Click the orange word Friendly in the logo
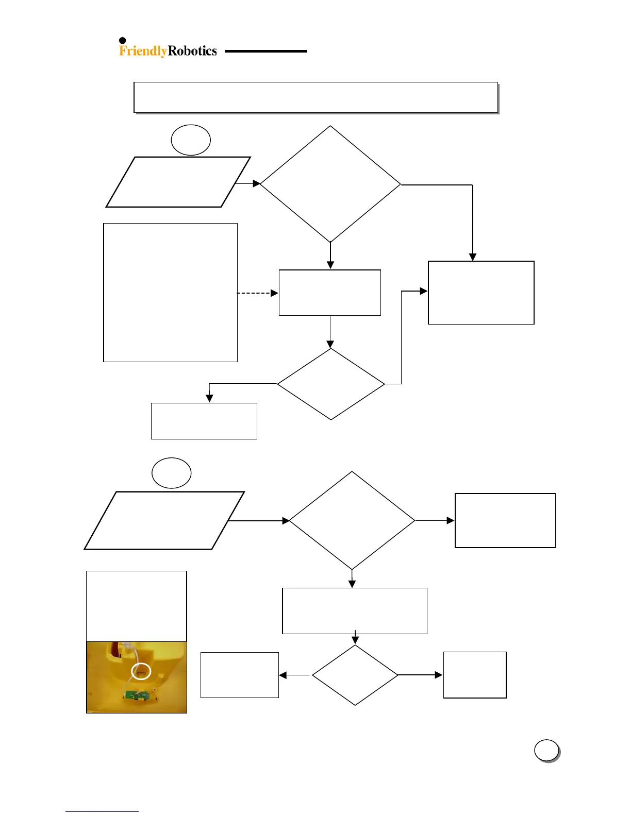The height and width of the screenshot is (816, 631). pyautogui.click(x=143, y=51)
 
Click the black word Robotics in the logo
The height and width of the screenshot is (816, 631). pyautogui.click(x=192, y=51)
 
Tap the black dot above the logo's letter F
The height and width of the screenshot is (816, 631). pyautogui.click(x=123, y=41)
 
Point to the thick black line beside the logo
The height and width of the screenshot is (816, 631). pyautogui.click(x=266, y=51)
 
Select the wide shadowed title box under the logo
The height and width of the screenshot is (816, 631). pyautogui.click(x=315, y=97)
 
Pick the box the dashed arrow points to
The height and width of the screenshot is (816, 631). pyautogui.click(x=330, y=293)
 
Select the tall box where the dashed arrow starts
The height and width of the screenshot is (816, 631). pyautogui.click(x=170, y=293)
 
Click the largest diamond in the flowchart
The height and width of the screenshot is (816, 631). pyautogui.click(x=330, y=184)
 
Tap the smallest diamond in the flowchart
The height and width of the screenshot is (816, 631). pyautogui.click(x=355, y=675)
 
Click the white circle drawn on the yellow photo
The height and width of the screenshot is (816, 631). pyautogui.click(x=141, y=671)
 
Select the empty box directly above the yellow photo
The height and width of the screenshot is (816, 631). pyautogui.click(x=137, y=606)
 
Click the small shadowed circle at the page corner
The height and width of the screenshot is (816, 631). pyautogui.click(x=546, y=750)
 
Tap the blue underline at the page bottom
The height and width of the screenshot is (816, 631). pyautogui.click(x=102, y=811)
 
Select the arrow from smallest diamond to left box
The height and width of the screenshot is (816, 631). pyautogui.click(x=294, y=675)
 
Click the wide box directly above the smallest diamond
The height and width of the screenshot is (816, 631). pyautogui.click(x=355, y=611)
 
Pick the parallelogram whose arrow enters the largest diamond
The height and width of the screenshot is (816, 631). pyautogui.click(x=178, y=182)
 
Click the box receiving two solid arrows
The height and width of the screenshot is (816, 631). pyautogui.click(x=481, y=293)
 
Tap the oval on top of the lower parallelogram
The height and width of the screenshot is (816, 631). pyautogui.click(x=172, y=473)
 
